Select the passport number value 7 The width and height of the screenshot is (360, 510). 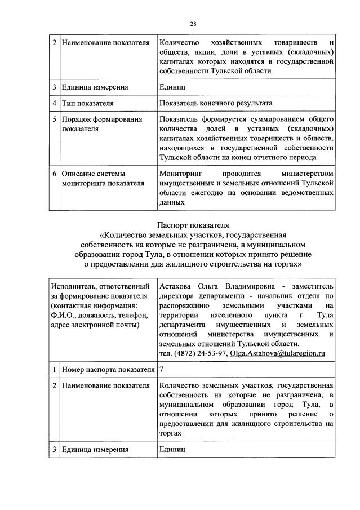click(162, 369)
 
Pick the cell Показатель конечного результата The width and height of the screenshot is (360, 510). click(216, 104)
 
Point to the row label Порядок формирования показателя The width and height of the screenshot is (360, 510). click(93, 124)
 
